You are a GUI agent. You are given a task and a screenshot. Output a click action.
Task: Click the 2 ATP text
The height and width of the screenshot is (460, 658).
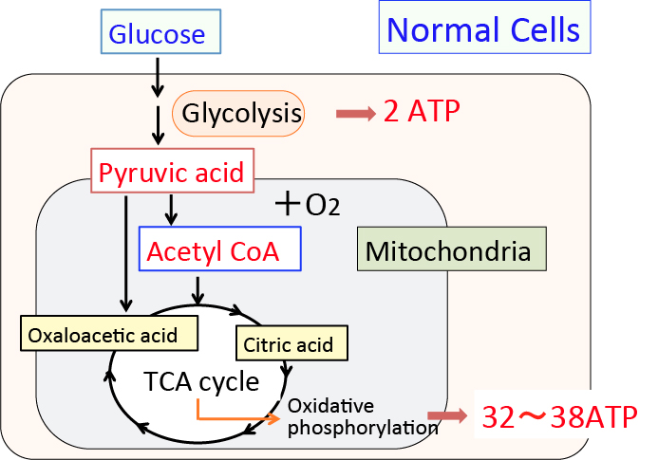pyautogui.click(x=421, y=112)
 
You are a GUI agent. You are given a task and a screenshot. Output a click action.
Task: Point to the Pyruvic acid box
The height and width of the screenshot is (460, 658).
pyautogui.click(x=172, y=172)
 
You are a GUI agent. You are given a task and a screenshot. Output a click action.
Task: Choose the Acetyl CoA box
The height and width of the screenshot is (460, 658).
pyautogui.click(x=219, y=250)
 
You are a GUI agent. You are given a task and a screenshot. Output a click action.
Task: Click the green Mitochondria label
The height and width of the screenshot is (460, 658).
pyautogui.click(x=447, y=251)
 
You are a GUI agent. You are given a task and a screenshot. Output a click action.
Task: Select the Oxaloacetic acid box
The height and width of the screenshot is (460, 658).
pyautogui.click(x=111, y=334)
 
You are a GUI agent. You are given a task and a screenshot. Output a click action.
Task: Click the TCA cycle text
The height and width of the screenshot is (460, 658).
pyautogui.click(x=201, y=381)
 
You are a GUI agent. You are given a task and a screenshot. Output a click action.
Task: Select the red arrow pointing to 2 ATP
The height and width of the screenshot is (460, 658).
pyautogui.click(x=356, y=114)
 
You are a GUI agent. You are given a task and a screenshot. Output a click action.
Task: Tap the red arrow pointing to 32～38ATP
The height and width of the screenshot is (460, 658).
pyautogui.click(x=447, y=415)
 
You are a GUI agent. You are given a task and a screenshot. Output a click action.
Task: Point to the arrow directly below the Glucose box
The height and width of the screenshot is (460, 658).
pyautogui.click(x=159, y=75)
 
